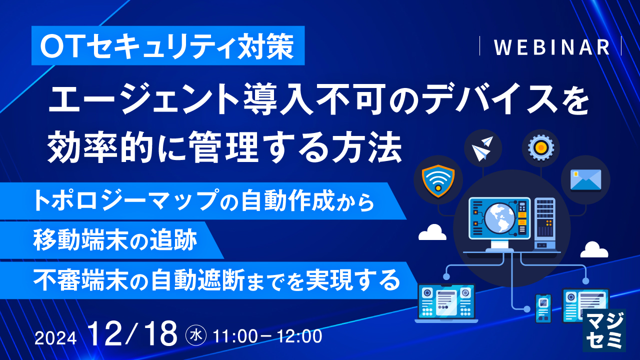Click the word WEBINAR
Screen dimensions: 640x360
pos(551,47)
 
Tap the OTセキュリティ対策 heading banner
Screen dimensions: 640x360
pos(168,45)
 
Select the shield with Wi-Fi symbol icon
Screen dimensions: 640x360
pos(438,181)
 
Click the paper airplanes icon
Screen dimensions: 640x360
pos(483,148)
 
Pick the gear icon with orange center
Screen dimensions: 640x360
pos(541,147)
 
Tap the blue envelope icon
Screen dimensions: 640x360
pos(585,180)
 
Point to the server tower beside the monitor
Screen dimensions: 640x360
pos(545,223)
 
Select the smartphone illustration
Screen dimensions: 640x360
pos(543,308)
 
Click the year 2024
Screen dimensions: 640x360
pos(55,338)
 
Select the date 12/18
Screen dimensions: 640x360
pos(133,333)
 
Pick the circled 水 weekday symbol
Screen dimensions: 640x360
pos(196,335)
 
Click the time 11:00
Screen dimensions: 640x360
pos(235,336)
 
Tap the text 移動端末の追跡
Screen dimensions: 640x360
pos(115,240)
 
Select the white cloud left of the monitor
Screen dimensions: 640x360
pos(432,232)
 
